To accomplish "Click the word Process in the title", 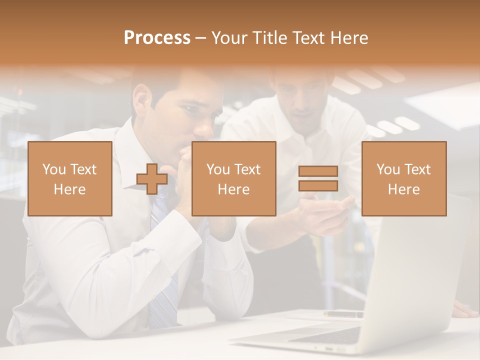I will point(157,38).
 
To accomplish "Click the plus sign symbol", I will point(152,179).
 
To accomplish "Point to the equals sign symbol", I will point(318,178).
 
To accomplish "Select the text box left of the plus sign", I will point(70,178).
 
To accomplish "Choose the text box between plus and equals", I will point(233,178).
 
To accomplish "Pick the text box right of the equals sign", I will point(403,178).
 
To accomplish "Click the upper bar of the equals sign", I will point(318,171).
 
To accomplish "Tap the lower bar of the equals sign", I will point(318,186).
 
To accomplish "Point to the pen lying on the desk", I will point(343,314).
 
